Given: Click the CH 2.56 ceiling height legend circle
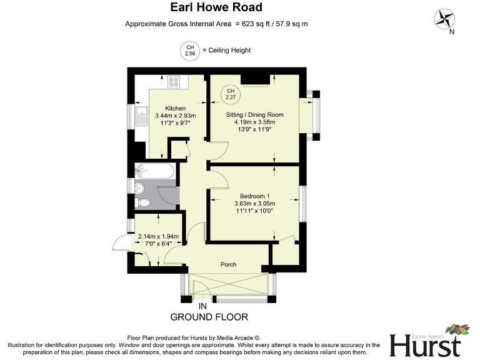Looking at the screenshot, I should (x=189, y=51).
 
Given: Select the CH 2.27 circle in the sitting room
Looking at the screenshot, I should (x=231, y=93).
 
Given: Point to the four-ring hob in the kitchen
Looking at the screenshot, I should (x=174, y=82).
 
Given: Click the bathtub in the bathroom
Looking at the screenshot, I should (x=155, y=172).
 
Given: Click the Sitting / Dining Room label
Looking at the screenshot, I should (x=254, y=115).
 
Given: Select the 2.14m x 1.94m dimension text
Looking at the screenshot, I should (x=158, y=236).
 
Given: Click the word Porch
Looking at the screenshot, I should (x=229, y=264).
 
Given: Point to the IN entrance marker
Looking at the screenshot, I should (x=202, y=306).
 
